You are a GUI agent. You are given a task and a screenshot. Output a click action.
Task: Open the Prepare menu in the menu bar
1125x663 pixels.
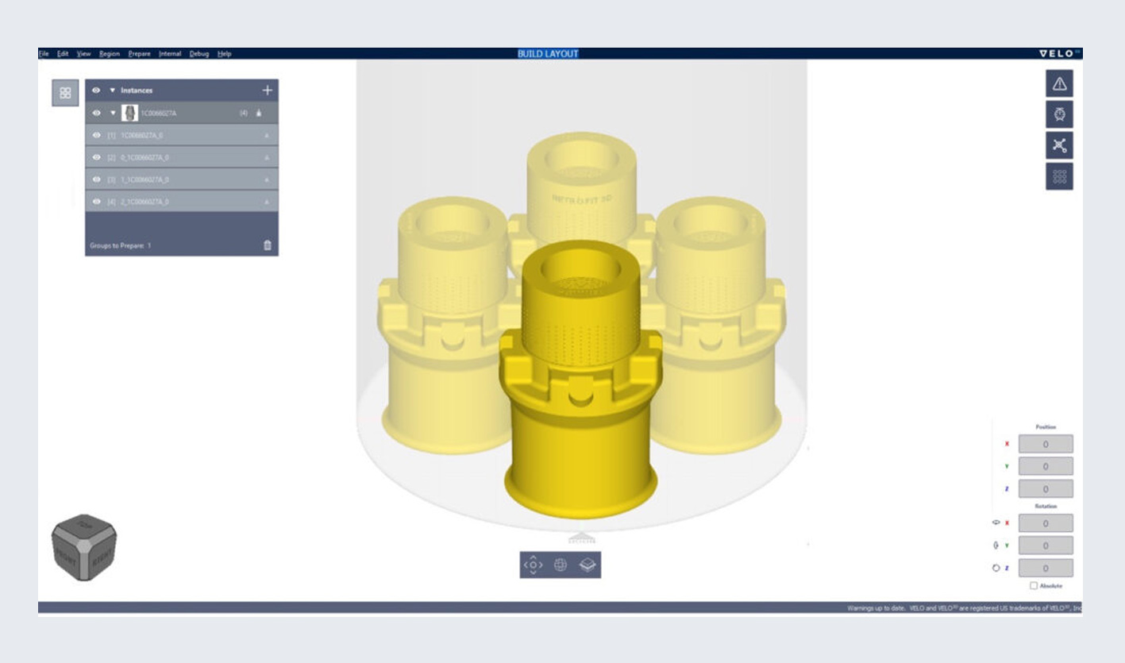click(139, 54)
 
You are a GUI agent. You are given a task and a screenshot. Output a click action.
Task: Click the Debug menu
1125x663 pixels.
click(198, 54)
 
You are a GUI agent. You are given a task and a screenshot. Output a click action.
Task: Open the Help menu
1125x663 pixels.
click(225, 54)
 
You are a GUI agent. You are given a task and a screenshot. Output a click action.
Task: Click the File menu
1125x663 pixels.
click(44, 54)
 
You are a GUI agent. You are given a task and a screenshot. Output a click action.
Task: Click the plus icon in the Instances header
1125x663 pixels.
click(267, 91)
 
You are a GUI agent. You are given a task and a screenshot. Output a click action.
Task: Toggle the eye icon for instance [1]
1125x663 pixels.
click(97, 136)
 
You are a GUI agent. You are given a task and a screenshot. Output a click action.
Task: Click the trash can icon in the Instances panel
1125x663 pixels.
click(267, 245)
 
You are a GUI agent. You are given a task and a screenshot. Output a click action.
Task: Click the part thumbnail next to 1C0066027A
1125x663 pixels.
click(130, 113)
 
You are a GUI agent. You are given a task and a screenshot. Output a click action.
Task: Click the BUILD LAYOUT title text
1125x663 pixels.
click(548, 54)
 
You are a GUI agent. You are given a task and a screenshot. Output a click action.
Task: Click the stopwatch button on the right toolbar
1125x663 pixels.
click(1059, 114)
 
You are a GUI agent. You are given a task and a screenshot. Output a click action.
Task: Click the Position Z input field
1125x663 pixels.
click(1045, 488)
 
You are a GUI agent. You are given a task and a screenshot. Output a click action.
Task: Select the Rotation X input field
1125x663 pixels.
click(1045, 523)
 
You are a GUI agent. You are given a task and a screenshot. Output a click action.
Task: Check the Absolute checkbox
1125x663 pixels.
click(1034, 586)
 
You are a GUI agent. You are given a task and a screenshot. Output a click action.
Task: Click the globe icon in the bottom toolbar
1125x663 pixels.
click(561, 565)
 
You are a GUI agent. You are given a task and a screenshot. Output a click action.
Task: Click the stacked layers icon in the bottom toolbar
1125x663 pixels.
click(588, 565)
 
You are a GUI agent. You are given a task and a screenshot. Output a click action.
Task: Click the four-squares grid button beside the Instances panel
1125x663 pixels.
click(65, 93)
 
